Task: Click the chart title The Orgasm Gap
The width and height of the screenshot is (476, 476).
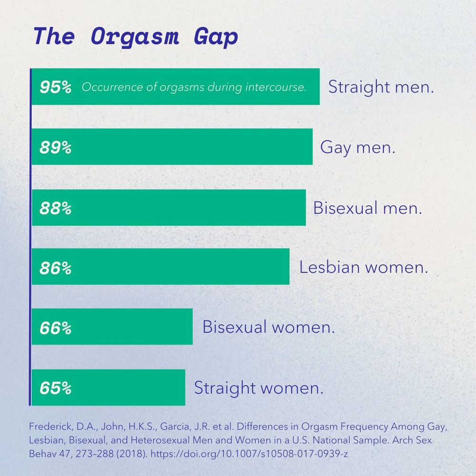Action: point(136,37)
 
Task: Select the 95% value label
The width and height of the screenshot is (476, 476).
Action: point(56,88)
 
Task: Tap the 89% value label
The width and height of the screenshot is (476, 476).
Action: point(56,148)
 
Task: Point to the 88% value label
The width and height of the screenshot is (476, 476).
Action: point(56,208)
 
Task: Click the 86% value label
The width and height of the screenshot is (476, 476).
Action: point(56,268)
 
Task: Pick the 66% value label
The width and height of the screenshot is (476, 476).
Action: point(56,328)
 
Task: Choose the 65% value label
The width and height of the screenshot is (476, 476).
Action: point(56,388)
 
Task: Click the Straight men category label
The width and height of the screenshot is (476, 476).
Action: point(381,88)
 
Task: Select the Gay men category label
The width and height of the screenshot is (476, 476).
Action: point(358,148)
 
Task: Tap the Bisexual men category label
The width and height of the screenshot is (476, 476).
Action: point(367,208)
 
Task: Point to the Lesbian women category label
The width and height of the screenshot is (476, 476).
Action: point(364,267)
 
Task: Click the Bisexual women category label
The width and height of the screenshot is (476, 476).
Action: point(268,327)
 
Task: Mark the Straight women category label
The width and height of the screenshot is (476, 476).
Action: point(258,387)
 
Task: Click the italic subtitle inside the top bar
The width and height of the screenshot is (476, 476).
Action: point(194,88)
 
